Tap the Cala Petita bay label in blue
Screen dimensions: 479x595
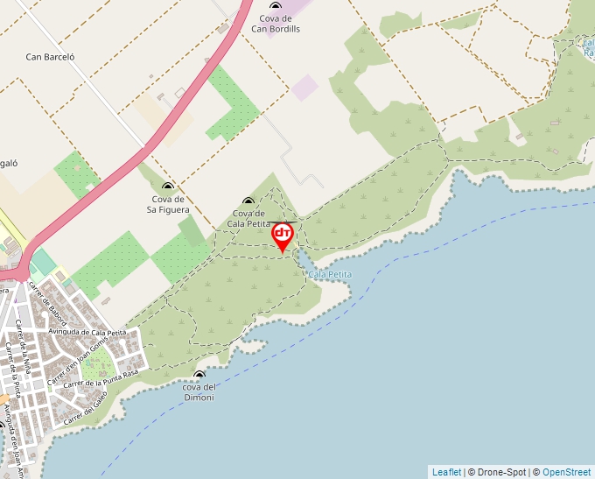[x=330, y=274]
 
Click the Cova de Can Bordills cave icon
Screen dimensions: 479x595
[x=276, y=6]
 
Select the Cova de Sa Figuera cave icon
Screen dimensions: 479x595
[x=167, y=186]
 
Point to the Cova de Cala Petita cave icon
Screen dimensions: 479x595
[x=248, y=201]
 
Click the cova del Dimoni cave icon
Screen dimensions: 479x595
[x=199, y=376]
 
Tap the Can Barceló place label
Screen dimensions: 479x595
[x=50, y=57]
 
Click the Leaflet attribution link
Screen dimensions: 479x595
[x=446, y=472]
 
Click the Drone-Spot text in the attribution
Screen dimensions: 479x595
[x=500, y=472]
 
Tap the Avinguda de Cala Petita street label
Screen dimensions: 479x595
[x=87, y=333]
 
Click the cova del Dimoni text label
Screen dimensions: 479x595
[x=199, y=392]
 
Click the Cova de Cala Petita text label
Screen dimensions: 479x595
[x=248, y=218]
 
